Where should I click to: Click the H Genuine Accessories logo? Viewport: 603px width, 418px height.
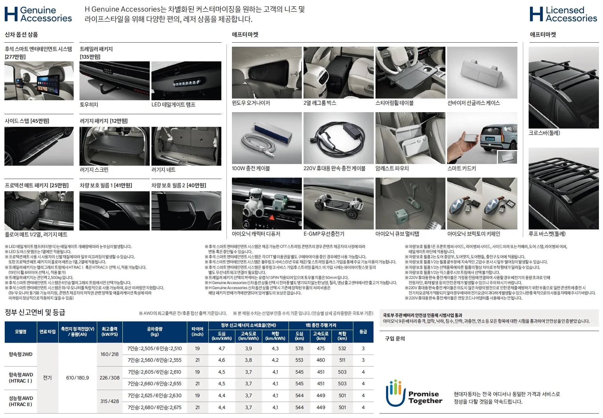(x=38, y=14)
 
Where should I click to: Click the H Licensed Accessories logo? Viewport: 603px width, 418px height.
(x=563, y=14)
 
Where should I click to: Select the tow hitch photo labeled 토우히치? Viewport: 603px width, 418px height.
(x=115, y=81)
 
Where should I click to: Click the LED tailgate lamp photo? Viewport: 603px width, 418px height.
(x=186, y=81)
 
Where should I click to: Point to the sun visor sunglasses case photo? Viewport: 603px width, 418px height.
(x=482, y=73)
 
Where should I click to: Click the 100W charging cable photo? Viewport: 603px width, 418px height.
(x=267, y=138)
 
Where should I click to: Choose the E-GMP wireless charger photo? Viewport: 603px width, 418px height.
(x=339, y=204)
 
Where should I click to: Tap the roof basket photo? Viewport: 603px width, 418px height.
(x=564, y=189)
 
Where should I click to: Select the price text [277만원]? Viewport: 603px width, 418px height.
(x=15, y=57)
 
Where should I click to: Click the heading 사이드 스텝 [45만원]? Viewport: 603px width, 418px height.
(x=27, y=121)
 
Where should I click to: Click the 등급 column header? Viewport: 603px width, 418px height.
(x=363, y=331)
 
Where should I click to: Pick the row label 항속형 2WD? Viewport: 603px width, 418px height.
(x=20, y=354)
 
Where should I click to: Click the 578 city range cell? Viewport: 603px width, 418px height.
(x=299, y=348)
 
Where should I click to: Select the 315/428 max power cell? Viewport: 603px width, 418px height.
(x=109, y=401)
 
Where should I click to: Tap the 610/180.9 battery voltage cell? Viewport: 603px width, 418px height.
(x=77, y=378)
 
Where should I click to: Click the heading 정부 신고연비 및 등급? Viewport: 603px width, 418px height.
(x=35, y=312)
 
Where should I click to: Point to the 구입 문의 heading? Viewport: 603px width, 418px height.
(x=395, y=339)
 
